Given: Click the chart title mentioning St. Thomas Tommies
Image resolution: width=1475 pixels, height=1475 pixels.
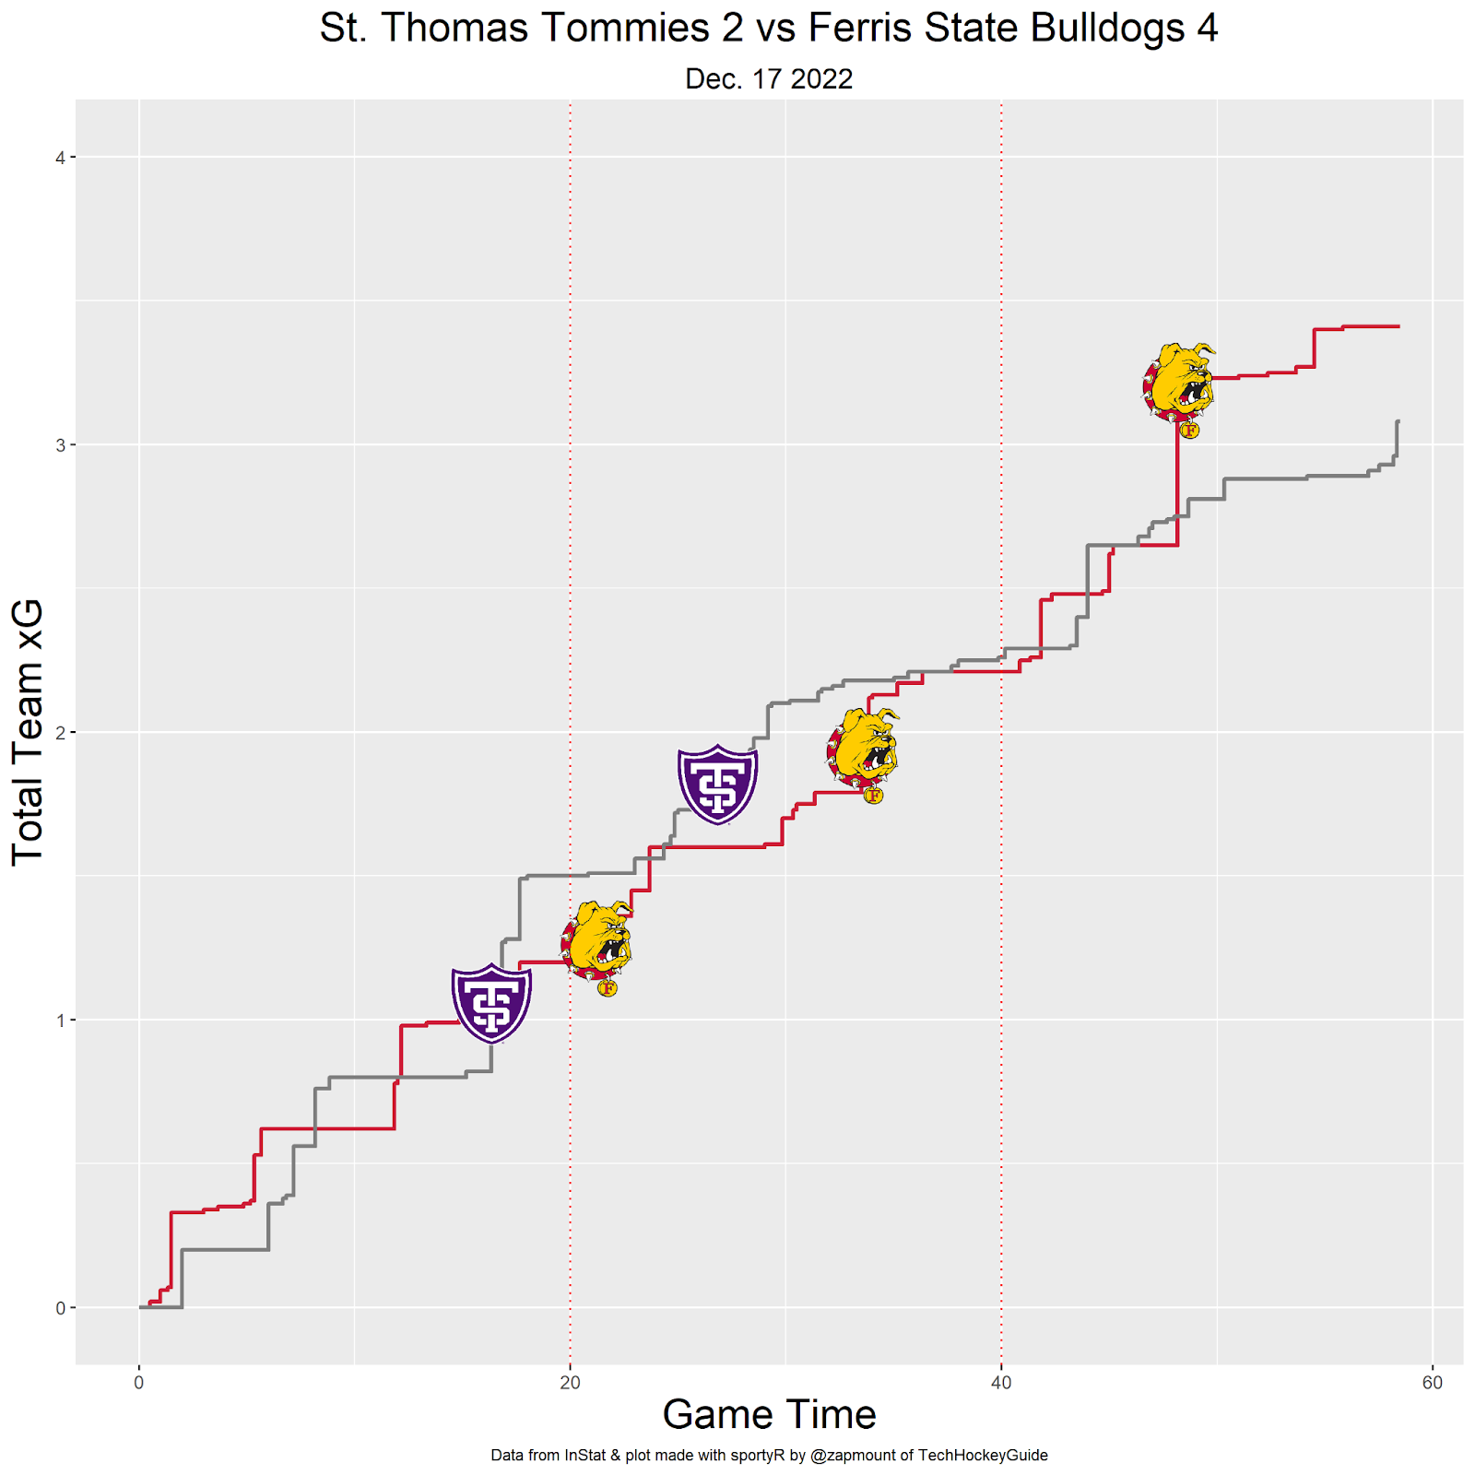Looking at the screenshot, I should click(768, 28).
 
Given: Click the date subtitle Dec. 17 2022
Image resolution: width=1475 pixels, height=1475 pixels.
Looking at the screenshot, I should click(768, 79).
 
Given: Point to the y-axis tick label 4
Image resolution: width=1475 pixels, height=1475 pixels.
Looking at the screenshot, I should click(60, 158).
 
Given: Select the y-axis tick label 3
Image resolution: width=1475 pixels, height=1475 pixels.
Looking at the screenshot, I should click(60, 445).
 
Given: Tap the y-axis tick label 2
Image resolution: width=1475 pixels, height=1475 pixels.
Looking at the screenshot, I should click(60, 733).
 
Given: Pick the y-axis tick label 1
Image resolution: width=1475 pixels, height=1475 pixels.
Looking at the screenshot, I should click(60, 1021).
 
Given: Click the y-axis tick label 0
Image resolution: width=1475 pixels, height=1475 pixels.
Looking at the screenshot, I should click(60, 1308).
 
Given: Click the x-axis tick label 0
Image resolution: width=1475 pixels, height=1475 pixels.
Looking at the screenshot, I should click(139, 1383).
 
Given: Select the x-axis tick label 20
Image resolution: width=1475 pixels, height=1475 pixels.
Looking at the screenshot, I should click(570, 1383).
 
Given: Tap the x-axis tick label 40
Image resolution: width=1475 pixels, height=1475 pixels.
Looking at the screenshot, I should click(1001, 1383).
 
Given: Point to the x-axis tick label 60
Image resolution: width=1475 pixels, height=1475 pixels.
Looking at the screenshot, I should click(1432, 1383).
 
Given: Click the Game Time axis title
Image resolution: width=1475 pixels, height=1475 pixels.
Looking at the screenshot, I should click(769, 1414).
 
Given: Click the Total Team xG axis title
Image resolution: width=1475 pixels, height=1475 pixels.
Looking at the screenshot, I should click(28, 733).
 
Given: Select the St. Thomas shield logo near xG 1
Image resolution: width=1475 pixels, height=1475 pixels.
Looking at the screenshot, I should click(491, 1003).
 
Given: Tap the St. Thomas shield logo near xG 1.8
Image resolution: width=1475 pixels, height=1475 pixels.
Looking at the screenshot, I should click(717, 784).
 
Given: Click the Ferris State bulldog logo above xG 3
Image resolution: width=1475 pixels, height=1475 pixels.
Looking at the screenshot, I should click(1179, 387).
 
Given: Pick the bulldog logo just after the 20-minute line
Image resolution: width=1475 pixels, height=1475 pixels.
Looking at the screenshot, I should click(597, 946).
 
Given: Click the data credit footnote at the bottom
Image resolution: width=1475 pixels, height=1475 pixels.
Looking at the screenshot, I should click(769, 1456).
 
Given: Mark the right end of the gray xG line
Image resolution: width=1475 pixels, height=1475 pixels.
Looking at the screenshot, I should click(1398, 422).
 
